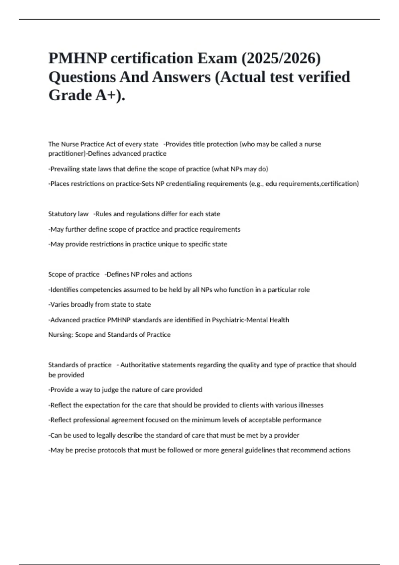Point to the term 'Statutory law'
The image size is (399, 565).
pyautogui.click(x=68, y=214)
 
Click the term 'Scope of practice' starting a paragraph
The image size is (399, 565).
pyautogui.click(x=74, y=275)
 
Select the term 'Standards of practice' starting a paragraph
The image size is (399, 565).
pyautogui.click(x=80, y=365)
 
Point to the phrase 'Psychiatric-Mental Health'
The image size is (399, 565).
pyautogui.click(x=250, y=320)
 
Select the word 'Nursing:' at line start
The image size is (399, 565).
pyautogui.click(x=61, y=335)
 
